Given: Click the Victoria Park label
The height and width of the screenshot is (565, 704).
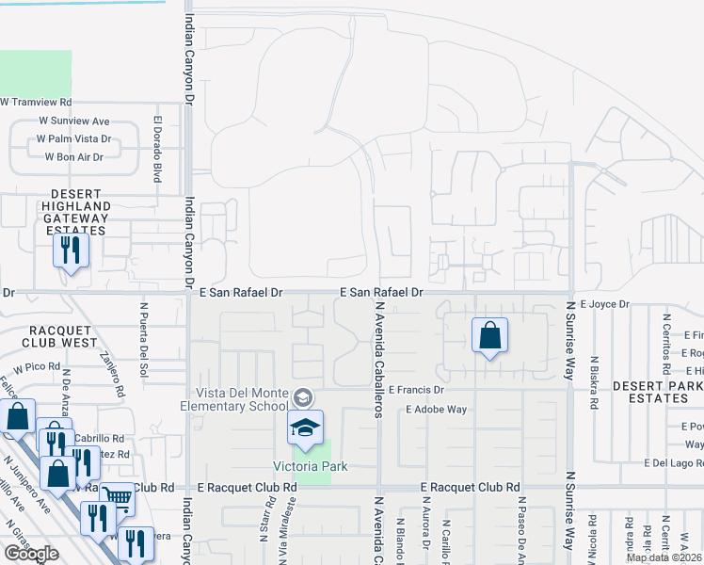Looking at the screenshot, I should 310,466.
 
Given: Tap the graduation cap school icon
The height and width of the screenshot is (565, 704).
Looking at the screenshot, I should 306,428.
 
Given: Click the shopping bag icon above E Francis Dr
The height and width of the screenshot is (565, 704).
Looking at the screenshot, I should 489,335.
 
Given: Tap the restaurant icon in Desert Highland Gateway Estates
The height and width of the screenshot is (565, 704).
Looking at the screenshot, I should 71,250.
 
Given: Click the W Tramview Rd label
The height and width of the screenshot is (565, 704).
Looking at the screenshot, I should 37,102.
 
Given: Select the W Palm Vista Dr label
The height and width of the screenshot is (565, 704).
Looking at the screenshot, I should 73,138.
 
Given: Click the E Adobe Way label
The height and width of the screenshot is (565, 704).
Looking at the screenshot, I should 437,410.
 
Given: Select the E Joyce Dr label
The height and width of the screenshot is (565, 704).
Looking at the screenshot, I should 604,304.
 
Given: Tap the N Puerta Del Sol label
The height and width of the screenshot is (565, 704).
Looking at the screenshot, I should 144,331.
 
